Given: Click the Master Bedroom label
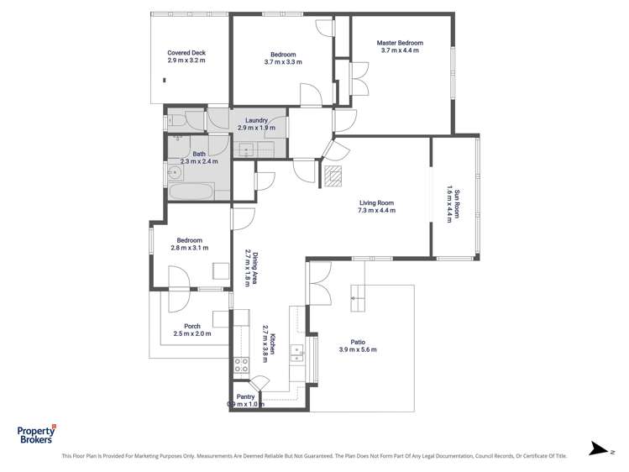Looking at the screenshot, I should (399, 43).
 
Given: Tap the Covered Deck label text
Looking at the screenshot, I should (186, 53).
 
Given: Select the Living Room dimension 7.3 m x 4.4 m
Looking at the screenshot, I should (376, 211).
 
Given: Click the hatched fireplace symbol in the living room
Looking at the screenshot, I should (333, 175).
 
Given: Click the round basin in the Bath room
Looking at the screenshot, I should (176, 174).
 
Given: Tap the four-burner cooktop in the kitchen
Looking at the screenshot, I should (241, 364).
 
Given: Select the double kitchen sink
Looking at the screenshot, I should (296, 352).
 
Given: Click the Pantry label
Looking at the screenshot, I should (245, 396).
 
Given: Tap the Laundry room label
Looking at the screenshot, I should (257, 120).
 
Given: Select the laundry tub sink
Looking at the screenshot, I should (246, 149).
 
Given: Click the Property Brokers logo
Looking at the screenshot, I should (36, 433).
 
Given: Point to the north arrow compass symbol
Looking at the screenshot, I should (598, 448).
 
